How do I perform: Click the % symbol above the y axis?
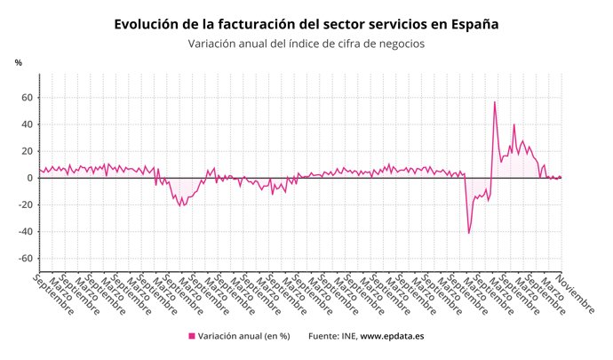[18, 63]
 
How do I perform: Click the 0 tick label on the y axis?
[31, 178]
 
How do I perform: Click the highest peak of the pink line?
[495, 102]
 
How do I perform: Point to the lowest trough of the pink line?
[469, 233]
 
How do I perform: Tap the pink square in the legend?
[191, 336]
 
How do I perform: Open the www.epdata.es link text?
[392, 336]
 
